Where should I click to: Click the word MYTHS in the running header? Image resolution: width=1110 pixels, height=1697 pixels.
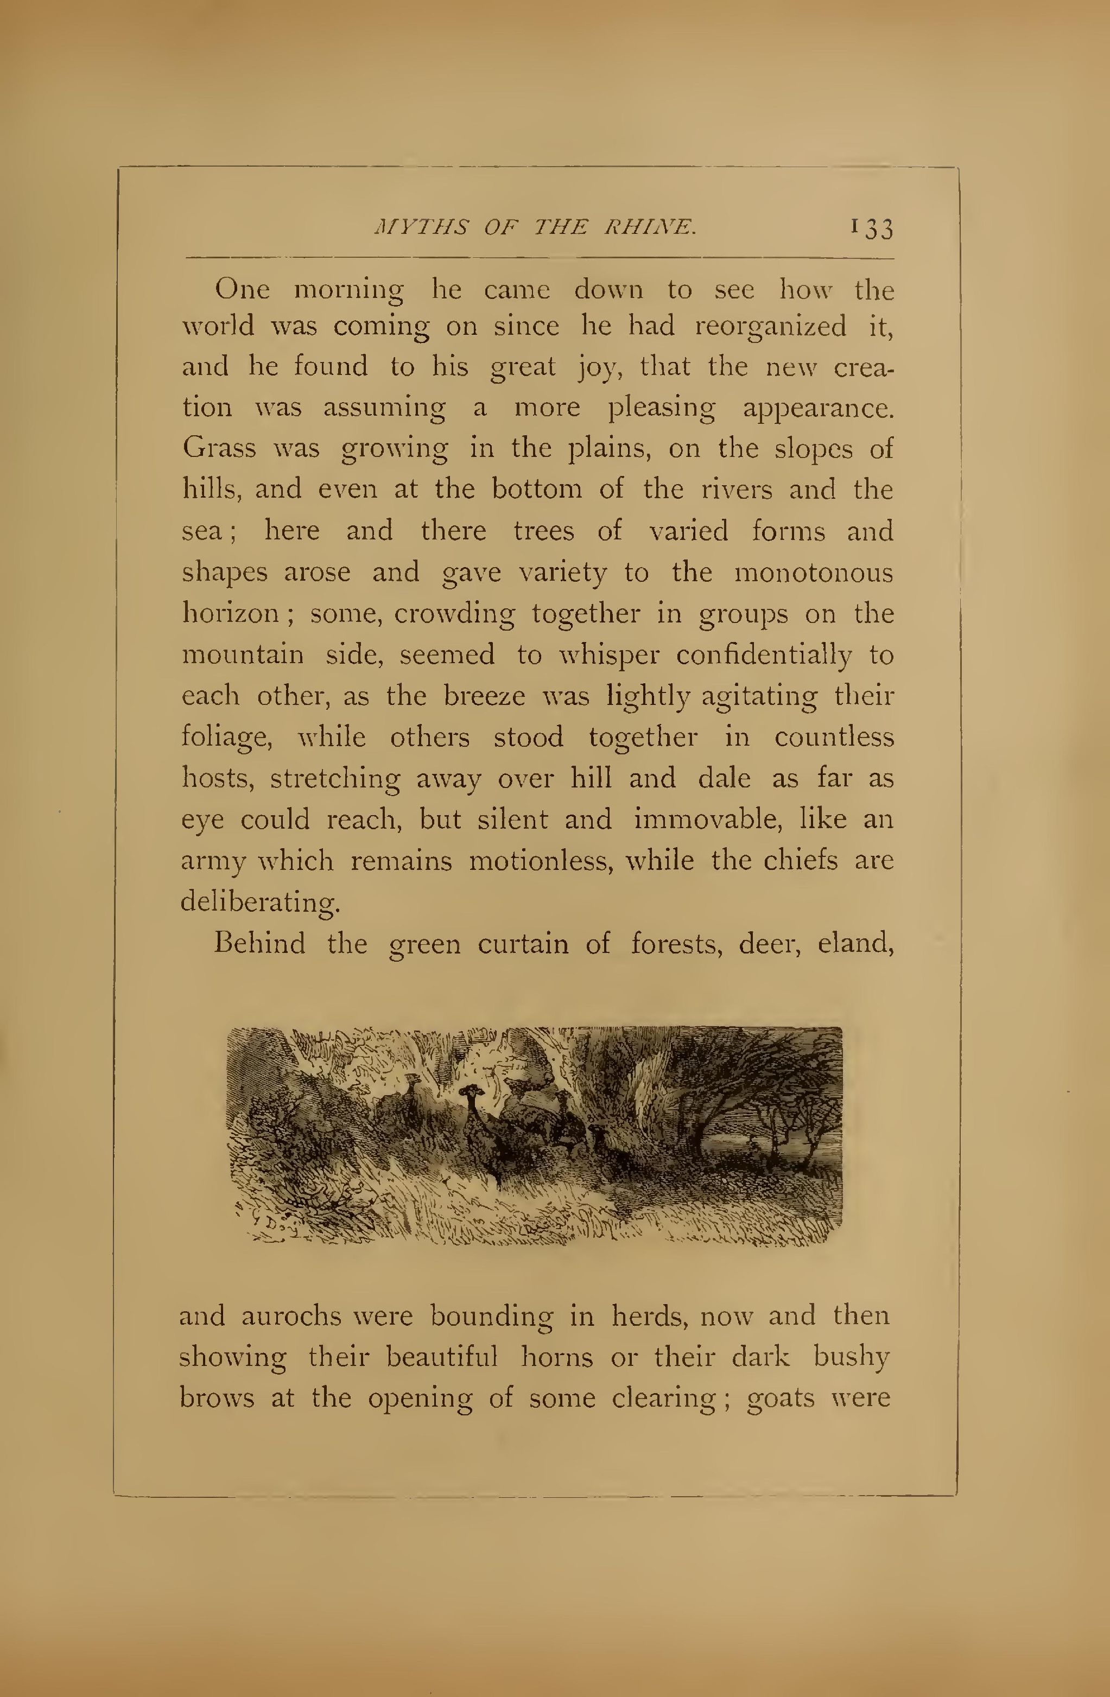(x=421, y=227)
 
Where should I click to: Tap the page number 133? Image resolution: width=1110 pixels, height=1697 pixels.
(x=871, y=228)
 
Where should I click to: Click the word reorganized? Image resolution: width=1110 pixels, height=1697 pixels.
(x=770, y=327)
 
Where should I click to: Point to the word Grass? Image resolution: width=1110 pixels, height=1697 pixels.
(x=219, y=448)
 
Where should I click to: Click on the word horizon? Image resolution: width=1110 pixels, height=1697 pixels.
(x=229, y=613)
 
